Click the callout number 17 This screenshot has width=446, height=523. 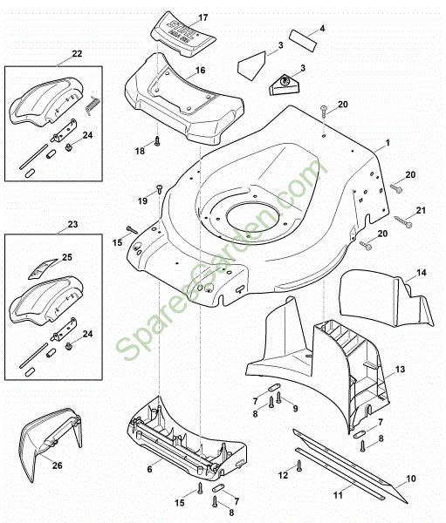pos(203,18)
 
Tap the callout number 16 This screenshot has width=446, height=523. pos(200,70)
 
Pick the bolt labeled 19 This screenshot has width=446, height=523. pos(160,187)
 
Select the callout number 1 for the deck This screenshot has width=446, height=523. pos(388,143)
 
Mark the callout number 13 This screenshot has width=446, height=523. pos(401,370)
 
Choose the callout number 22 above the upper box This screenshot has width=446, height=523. pos(77,54)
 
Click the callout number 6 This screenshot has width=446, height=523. pos(149,468)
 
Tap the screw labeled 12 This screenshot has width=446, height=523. pos(298,466)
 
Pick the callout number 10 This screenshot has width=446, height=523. pos(411,479)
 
